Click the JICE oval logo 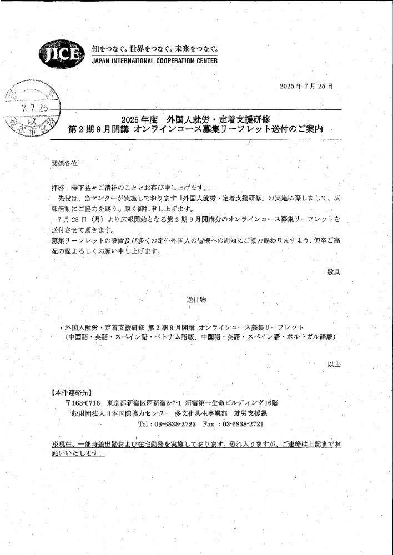coord(62,54)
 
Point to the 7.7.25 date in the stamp coord(34,108)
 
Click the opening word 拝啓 coord(58,188)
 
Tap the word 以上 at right coord(334,364)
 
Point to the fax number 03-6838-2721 coord(243,424)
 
